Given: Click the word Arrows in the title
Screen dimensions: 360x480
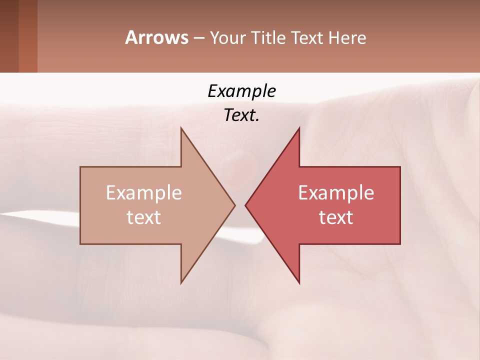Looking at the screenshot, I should [x=156, y=37].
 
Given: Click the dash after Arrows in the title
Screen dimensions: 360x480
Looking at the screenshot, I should [x=199, y=38].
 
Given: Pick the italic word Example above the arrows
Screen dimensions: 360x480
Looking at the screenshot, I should [x=241, y=91].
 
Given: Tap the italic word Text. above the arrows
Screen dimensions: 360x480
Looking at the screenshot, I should [x=241, y=115].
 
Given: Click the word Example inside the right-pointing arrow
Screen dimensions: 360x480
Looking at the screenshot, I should [x=144, y=193].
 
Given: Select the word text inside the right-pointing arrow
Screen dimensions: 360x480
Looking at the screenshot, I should [x=144, y=217].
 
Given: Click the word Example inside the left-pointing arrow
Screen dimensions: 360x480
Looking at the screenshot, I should [x=336, y=193].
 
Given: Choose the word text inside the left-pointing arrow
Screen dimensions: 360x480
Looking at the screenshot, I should [x=336, y=217].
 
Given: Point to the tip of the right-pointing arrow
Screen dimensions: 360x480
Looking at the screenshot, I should [x=234, y=205].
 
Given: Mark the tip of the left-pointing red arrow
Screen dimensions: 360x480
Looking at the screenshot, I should [x=245, y=205].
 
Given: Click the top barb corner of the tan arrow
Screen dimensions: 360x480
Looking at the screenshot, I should [x=181, y=128].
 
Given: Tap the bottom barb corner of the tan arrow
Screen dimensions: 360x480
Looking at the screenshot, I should [x=181, y=283].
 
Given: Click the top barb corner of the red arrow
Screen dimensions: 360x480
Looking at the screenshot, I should [x=299, y=128].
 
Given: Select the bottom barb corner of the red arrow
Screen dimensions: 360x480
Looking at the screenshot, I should [x=299, y=283].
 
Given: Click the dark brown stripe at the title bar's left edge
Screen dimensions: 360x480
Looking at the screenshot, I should [x=9, y=36].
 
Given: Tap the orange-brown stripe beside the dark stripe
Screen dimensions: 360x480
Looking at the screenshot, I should [x=28, y=36].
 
